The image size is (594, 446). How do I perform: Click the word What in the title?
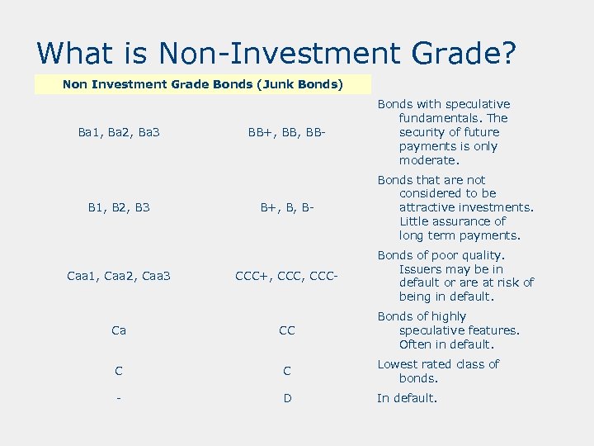[x=76, y=53]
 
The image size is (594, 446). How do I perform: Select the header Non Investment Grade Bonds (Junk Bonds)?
[x=203, y=84]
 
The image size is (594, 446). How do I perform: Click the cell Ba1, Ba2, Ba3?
[x=119, y=132]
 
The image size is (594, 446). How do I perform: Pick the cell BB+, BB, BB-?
[x=286, y=132]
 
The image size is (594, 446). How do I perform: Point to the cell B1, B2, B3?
[x=119, y=207]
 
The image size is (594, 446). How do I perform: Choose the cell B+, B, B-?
[x=286, y=207]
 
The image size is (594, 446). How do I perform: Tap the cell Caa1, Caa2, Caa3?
[x=119, y=276]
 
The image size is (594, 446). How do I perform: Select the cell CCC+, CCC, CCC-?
[x=286, y=276]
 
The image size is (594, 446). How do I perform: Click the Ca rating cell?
[x=119, y=330]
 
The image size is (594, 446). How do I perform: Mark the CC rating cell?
[x=286, y=330]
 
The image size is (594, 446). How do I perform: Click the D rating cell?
[x=286, y=398]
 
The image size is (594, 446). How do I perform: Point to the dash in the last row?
[x=119, y=398]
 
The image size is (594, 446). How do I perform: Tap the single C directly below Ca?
[x=119, y=372]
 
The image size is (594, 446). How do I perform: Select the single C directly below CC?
[x=286, y=372]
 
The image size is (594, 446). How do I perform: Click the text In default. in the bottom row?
[x=407, y=398]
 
